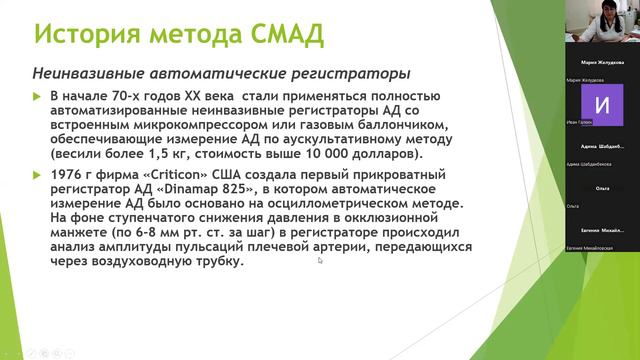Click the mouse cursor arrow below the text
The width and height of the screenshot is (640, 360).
(x=320, y=261)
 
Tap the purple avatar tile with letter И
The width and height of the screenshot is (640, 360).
(x=601, y=104)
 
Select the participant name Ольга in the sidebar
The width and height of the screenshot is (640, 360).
(x=602, y=188)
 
